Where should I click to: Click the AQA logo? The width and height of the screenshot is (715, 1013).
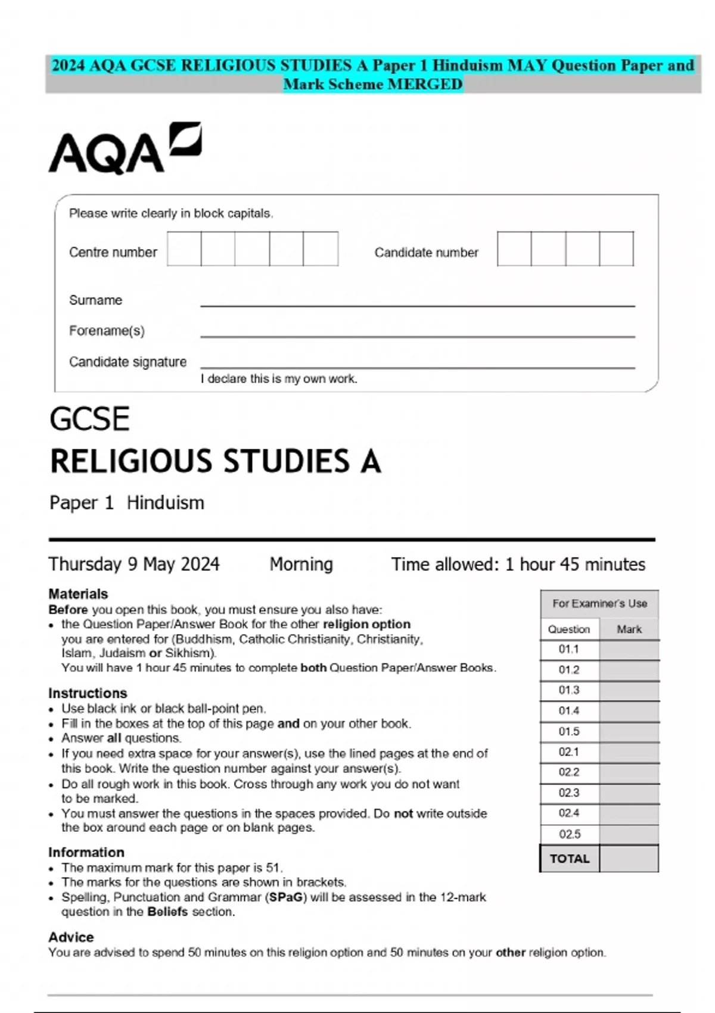(125, 148)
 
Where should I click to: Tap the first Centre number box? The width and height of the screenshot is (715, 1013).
(184, 248)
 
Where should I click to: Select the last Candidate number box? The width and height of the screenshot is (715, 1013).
(616, 248)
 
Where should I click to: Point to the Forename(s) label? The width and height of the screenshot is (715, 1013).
(107, 331)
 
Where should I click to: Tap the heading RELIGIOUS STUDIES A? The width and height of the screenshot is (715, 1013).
(215, 461)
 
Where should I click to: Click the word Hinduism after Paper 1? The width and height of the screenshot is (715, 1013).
(165, 503)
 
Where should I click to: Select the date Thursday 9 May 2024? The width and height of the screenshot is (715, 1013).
(134, 564)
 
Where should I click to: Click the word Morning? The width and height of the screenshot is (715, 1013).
(301, 564)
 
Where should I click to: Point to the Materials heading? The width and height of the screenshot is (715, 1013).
(78, 593)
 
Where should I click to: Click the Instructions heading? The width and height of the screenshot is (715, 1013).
(88, 693)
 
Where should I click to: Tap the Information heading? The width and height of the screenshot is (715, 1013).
(86, 852)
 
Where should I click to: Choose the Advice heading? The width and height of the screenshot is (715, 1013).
(71, 937)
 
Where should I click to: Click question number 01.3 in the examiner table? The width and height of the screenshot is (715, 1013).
(569, 690)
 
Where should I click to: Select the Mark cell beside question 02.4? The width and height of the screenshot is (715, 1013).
(629, 813)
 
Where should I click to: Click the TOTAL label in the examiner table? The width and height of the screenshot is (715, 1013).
(569, 859)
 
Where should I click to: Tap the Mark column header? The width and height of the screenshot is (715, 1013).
(629, 629)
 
